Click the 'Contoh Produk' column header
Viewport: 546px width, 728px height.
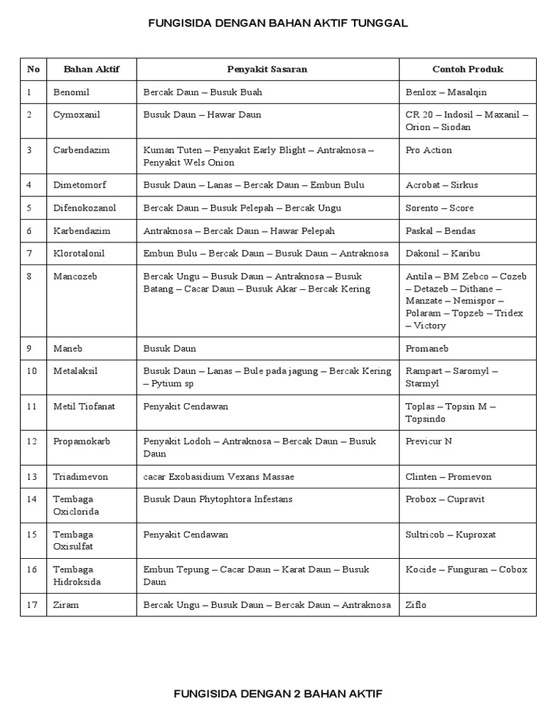(468, 69)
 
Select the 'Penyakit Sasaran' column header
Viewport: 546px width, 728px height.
(267, 69)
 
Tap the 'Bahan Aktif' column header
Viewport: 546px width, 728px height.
(91, 69)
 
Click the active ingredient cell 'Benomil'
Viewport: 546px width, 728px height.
(72, 92)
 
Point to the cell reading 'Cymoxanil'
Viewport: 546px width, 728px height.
(75, 114)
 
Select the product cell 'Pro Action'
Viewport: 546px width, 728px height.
(429, 150)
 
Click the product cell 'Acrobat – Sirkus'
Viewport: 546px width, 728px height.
(441, 185)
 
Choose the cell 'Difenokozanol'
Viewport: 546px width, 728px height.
(85, 208)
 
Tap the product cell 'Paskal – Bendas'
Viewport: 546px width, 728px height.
(441, 231)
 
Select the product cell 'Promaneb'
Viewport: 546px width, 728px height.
(427, 349)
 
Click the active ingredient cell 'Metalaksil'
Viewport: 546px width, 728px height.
(76, 371)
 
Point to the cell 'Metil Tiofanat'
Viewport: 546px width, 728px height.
(84, 407)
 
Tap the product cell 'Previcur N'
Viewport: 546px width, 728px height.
(429, 441)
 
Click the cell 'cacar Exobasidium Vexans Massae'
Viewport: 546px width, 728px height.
(218, 477)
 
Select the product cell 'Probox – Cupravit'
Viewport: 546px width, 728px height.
(445, 499)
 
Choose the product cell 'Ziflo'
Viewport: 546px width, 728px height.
(416, 605)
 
